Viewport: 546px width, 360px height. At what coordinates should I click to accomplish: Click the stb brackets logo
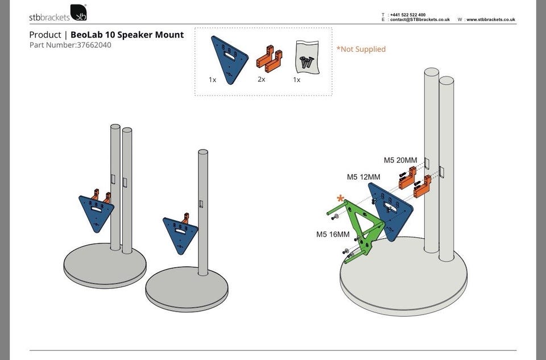point(58,13)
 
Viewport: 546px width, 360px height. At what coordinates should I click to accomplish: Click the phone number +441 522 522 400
point(408,15)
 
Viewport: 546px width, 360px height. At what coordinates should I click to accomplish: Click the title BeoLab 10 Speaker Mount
point(127,35)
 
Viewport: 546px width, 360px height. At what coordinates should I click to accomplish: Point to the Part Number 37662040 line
point(70,45)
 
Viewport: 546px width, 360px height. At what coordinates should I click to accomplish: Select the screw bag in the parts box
point(307,56)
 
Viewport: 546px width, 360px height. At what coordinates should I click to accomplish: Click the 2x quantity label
point(262,80)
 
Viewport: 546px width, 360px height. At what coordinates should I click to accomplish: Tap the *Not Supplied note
point(361,49)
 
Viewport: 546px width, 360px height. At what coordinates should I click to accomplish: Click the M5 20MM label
point(400,160)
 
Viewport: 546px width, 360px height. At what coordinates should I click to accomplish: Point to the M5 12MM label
point(363,177)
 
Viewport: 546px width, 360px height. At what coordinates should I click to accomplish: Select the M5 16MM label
point(333,234)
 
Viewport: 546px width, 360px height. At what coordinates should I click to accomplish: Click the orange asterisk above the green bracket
point(340,198)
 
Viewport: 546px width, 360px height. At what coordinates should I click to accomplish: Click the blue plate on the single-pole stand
point(180,233)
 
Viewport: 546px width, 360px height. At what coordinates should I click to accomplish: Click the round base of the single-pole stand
point(187,289)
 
